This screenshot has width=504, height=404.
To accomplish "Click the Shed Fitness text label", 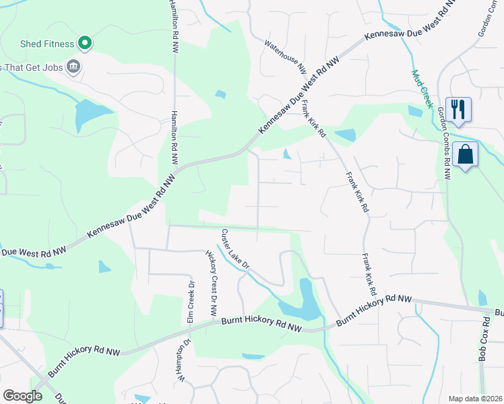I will [x=46, y=44].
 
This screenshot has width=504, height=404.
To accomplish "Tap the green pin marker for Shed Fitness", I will [x=84, y=44].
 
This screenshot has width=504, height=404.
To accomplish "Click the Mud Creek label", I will [x=421, y=88].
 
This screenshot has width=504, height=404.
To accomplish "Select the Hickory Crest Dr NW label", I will [x=211, y=282].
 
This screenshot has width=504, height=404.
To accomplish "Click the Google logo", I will [x=22, y=396].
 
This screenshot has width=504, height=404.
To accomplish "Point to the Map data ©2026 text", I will [x=475, y=399].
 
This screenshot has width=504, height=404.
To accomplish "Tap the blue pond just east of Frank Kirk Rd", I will [x=345, y=135].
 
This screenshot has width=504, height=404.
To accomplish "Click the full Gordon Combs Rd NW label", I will [x=445, y=143].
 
